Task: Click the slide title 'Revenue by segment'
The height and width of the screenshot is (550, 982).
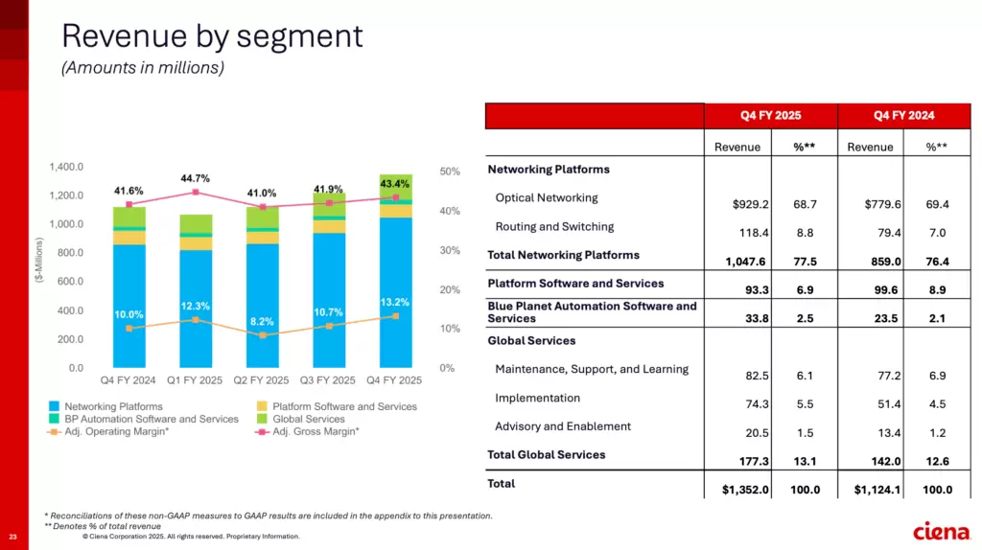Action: click(x=212, y=36)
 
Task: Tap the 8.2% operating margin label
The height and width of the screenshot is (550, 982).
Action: click(x=262, y=322)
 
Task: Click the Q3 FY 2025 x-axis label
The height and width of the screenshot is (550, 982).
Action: click(x=329, y=380)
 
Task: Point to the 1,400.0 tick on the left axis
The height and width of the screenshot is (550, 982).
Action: click(x=67, y=167)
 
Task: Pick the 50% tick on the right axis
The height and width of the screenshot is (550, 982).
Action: click(x=450, y=172)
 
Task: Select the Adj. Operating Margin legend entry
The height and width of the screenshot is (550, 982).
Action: click(x=108, y=431)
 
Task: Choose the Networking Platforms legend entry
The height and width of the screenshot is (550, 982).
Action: click(x=106, y=406)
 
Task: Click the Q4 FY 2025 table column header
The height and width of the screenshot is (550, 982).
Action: click(x=770, y=116)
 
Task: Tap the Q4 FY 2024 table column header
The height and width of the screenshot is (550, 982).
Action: click(x=903, y=116)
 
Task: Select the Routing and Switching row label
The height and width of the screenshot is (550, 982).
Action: click(x=554, y=227)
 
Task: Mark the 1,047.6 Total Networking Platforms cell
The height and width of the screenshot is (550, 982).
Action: click(x=744, y=261)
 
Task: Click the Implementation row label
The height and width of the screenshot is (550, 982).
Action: click(x=537, y=398)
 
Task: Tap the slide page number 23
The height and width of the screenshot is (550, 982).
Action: click(x=13, y=536)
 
